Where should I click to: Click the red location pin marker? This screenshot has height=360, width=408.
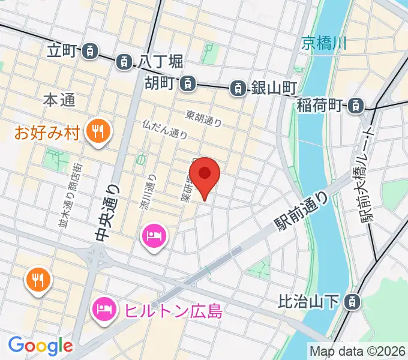click(x=205, y=175)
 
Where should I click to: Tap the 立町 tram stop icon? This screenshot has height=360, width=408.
click(x=90, y=51)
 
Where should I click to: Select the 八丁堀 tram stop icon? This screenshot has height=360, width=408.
click(x=124, y=61)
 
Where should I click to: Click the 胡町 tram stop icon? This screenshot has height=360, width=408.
click(x=188, y=83)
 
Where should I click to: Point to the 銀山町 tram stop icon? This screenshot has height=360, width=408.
click(x=238, y=89)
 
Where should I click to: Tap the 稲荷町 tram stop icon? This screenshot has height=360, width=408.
click(x=356, y=106)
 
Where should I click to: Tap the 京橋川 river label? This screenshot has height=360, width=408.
click(x=324, y=43)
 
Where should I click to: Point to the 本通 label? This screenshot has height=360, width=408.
click(x=59, y=101)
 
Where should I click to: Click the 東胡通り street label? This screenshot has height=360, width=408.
click(x=204, y=118)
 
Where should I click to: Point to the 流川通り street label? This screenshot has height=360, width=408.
click(x=148, y=193)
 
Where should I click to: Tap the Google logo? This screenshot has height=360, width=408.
click(x=40, y=345)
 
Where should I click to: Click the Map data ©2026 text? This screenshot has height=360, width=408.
click(x=358, y=350)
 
